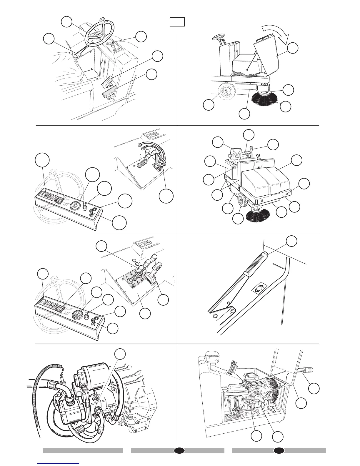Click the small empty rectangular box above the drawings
click(x=177, y=22)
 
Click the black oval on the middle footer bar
click(x=179, y=451)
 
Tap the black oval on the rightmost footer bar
click(x=279, y=451)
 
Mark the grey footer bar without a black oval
click(x=83, y=451)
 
